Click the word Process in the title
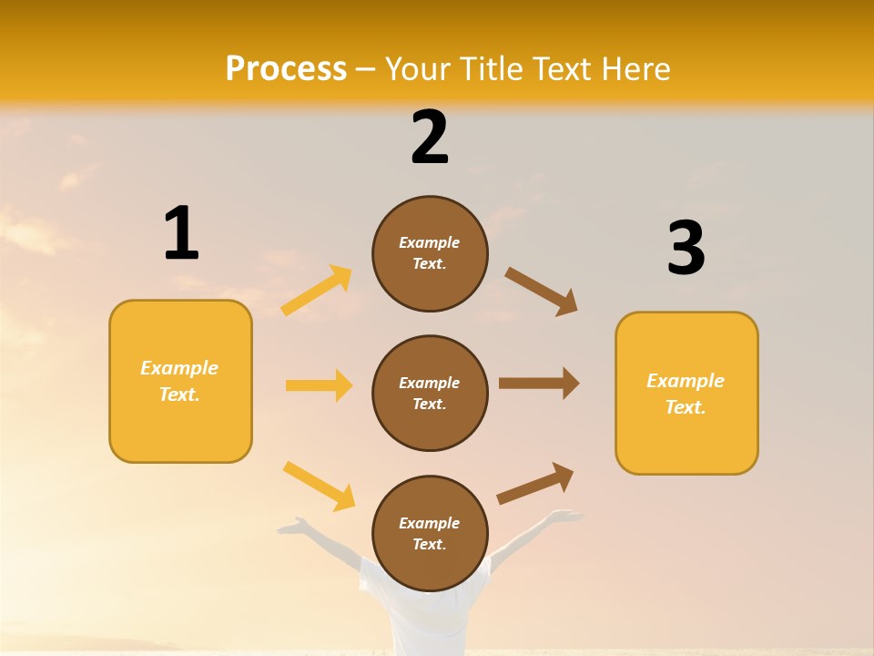(286, 69)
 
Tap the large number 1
(181, 234)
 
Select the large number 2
(430, 138)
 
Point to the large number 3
(686, 249)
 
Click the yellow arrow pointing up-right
(317, 291)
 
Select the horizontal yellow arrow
(319, 385)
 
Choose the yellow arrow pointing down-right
(319, 486)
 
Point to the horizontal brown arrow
(539, 384)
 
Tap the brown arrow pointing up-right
(535, 484)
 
